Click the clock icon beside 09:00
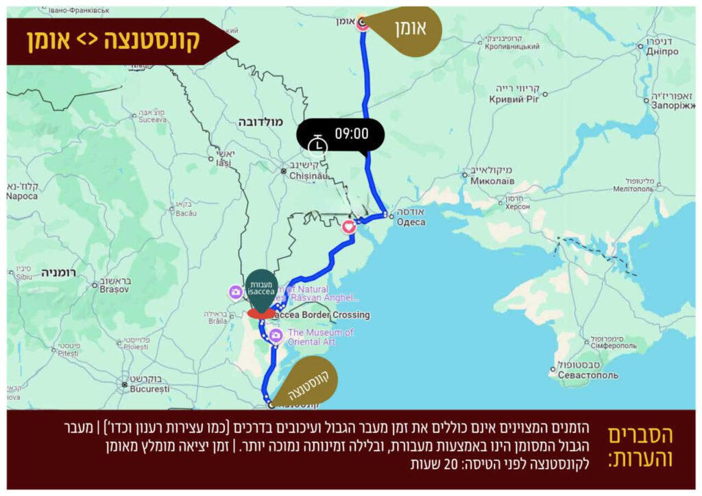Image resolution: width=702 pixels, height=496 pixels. [317, 143]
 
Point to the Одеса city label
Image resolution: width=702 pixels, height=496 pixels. [410, 221]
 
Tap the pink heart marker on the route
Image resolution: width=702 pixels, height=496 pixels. [349, 226]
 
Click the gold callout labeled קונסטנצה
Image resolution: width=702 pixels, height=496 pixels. [306, 377]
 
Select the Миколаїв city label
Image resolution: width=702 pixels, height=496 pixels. [492, 181]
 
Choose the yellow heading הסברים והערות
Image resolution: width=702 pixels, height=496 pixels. [641, 447]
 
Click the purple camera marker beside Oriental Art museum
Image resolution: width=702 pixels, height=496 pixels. [276, 336]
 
